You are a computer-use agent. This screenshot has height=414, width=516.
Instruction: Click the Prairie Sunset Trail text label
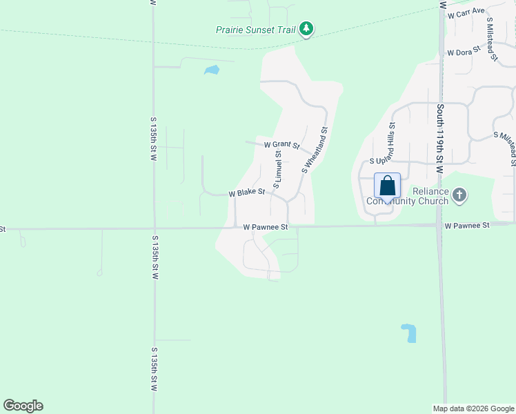[255, 30]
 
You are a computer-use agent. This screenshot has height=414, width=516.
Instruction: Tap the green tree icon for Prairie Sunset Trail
[307, 29]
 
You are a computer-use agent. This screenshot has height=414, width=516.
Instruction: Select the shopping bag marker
[387, 186]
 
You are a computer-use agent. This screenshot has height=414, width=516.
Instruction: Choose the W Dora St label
[464, 52]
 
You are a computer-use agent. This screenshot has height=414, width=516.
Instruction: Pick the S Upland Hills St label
[391, 140]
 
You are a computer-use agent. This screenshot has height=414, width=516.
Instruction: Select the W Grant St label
[281, 145]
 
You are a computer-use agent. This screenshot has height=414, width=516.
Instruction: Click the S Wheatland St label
[314, 149]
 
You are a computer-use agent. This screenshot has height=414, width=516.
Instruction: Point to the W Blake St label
[247, 193]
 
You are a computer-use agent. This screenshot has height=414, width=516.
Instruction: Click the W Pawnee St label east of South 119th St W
[466, 225]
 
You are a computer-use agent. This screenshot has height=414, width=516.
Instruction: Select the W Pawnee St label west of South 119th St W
[265, 226]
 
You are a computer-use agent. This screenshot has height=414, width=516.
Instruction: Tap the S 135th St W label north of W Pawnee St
[154, 139]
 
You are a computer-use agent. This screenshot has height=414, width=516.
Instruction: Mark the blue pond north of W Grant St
[212, 70]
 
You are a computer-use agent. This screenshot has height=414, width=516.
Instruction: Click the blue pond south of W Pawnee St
[409, 333]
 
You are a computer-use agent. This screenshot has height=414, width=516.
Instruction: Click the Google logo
[23, 406]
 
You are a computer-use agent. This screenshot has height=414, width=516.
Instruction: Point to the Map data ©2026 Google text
[473, 408]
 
